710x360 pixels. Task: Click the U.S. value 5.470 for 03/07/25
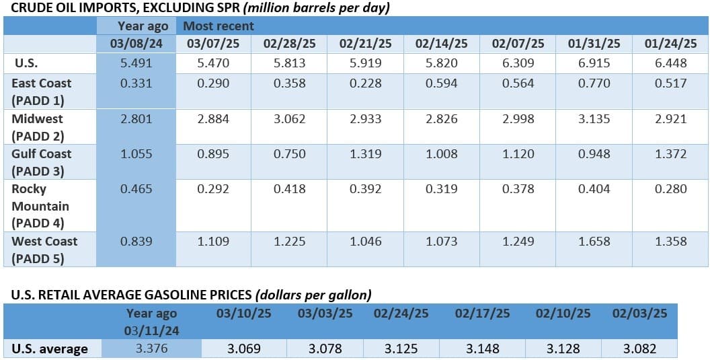coord(213,63)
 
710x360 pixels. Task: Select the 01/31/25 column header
coord(594,44)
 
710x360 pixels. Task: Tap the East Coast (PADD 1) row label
coord(42,92)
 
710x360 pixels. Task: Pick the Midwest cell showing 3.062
coord(289,119)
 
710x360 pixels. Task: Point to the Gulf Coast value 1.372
coord(670,154)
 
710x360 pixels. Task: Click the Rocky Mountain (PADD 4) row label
coord(40,206)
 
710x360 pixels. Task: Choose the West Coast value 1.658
coord(594,241)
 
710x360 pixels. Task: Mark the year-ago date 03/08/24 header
coord(136,44)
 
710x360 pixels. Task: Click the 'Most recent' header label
coord(219,26)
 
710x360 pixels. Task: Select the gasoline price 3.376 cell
coord(152,349)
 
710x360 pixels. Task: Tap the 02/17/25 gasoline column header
coord(483,314)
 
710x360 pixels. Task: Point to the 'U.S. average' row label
coord(50,349)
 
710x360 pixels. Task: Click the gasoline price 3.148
coord(483,349)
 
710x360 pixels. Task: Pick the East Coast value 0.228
coord(365,83)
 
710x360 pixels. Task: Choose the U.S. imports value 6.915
coord(594,63)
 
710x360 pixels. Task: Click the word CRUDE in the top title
coord(24,8)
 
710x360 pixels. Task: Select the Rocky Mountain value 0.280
coord(670,188)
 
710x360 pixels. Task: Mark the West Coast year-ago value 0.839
coord(136,241)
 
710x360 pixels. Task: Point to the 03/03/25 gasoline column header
coord(325,314)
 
